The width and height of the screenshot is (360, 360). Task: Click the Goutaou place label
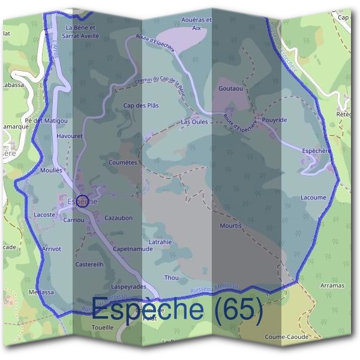[x=231, y=88]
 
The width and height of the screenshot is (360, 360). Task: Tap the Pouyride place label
[x=275, y=120]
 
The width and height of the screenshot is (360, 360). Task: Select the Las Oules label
[x=194, y=121]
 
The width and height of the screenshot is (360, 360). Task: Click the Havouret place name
[x=69, y=136]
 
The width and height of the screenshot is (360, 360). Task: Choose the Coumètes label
[x=124, y=162]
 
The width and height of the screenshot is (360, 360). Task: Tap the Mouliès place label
[x=51, y=170]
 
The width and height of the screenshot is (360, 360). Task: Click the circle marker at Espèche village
[x=83, y=201]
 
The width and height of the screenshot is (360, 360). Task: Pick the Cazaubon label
[x=119, y=218]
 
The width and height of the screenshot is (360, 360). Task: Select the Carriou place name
[x=74, y=220]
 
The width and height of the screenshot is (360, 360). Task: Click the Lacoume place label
[x=313, y=197]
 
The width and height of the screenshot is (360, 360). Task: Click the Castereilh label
[x=89, y=264]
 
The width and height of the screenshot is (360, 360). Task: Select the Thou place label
[x=172, y=278]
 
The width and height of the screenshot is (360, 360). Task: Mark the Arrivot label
[x=52, y=248]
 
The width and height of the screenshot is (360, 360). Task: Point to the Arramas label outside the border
[x=332, y=286]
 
